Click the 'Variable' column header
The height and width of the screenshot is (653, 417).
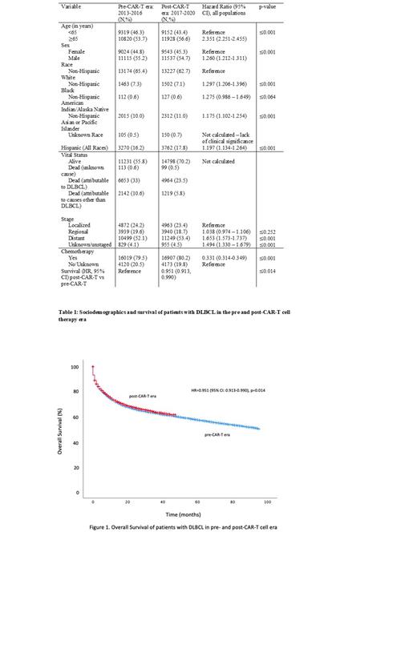pos(71,6)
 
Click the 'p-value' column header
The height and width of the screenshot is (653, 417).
pos(268,6)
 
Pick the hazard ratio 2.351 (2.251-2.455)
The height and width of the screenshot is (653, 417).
pos(230,37)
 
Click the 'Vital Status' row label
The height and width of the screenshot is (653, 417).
pos(77,153)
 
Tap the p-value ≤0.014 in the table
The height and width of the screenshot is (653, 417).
pos(268,271)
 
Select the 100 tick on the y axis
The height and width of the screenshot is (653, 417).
pos(75,366)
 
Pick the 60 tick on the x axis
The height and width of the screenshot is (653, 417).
pos(197,502)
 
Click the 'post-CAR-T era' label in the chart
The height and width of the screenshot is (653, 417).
pos(145,397)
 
